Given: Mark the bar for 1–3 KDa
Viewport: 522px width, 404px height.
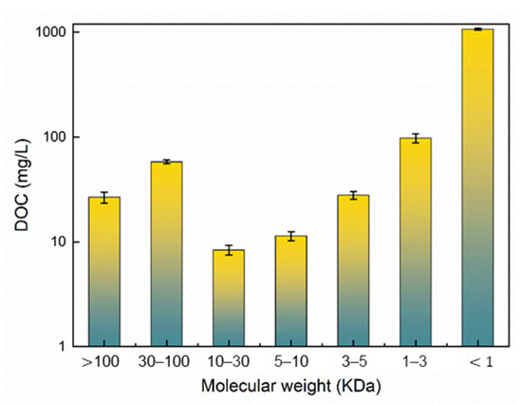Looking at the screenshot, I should [x=415, y=241].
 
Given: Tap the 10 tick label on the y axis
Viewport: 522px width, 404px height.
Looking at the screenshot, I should [x=57, y=241].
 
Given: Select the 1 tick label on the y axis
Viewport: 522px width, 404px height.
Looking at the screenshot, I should [x=61, y=346].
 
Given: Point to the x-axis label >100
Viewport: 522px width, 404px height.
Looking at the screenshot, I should [x=104, y=362].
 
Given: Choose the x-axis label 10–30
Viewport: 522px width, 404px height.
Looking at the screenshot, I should [x=229, y=362].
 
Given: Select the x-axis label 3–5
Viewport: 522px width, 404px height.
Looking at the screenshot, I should [x=353, y=362].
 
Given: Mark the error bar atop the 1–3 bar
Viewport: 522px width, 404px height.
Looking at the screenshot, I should [x=415, y=138].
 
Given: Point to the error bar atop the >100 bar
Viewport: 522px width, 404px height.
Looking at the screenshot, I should [x=104, y=197].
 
